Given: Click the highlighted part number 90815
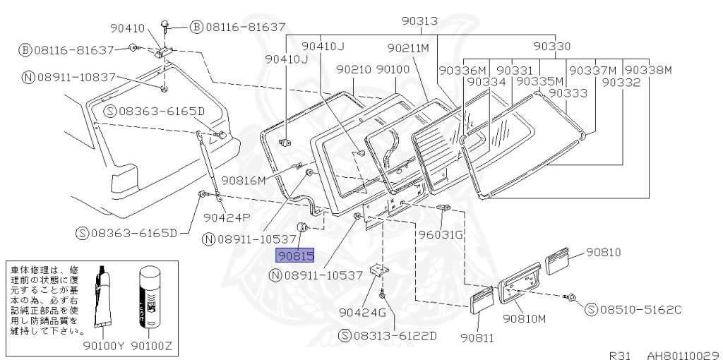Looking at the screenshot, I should [x=295, y=256].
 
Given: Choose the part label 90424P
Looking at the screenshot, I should [x=227, y=217].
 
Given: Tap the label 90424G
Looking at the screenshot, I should [x=362, y=313].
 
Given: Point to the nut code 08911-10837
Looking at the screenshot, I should [x=64, y=77].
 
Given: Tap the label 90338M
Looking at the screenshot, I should [x=647, y=70].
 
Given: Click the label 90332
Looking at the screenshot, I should [x=621, y=82].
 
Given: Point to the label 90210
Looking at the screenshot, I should [x=354, y=70].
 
